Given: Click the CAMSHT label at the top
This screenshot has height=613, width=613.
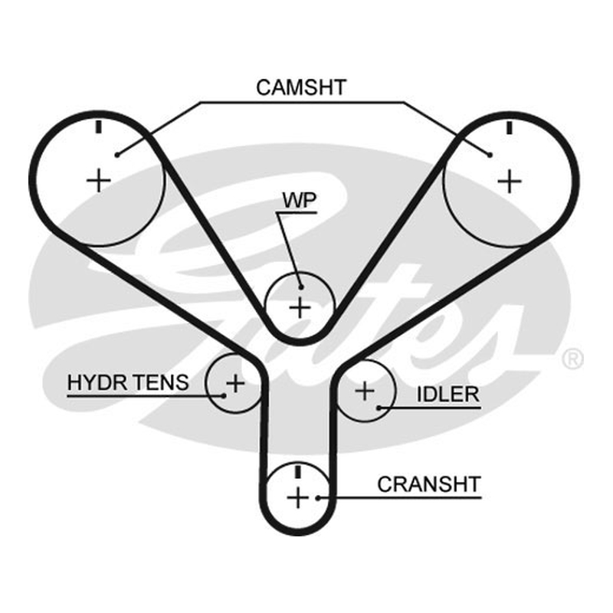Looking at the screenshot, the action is coord(301,87).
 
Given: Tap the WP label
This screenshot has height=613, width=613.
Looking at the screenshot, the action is coord(300,200).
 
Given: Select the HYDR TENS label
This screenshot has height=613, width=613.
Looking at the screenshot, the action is coord(128,382).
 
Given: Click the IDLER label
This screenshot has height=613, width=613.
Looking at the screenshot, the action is coord(448,394).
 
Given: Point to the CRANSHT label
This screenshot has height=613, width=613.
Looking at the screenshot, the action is coord(429,484).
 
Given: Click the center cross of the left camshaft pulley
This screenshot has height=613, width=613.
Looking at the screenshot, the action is coord(99,181).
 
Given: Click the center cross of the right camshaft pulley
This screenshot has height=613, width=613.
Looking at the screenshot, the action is coord(510,182).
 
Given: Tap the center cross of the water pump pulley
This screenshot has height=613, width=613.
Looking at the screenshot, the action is coord(300,308).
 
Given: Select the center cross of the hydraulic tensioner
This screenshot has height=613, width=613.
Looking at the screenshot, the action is coord(235,383).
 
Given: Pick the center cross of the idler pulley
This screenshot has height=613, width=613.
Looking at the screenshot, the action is coord(365,391).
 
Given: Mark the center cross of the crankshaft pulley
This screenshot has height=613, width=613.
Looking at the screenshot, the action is coord(298,497).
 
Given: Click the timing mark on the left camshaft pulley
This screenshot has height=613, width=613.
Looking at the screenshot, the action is coord(99,126).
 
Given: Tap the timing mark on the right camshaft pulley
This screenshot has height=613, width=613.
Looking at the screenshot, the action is coord(509,128).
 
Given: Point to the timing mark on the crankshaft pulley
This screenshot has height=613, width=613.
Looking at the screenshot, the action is coord(298,471).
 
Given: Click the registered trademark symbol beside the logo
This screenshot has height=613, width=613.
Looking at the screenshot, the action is coord(572,359).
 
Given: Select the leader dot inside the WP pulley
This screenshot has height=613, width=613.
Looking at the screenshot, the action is coord(301,287).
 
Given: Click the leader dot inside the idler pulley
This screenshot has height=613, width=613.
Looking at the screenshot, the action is coord(379,408).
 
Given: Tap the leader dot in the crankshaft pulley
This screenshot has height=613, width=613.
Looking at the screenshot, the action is coord(319,498).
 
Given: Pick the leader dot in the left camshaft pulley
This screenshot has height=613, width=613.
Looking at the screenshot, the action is coord(117,156).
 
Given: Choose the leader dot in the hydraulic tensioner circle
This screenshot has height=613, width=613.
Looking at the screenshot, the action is coord(224,395).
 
